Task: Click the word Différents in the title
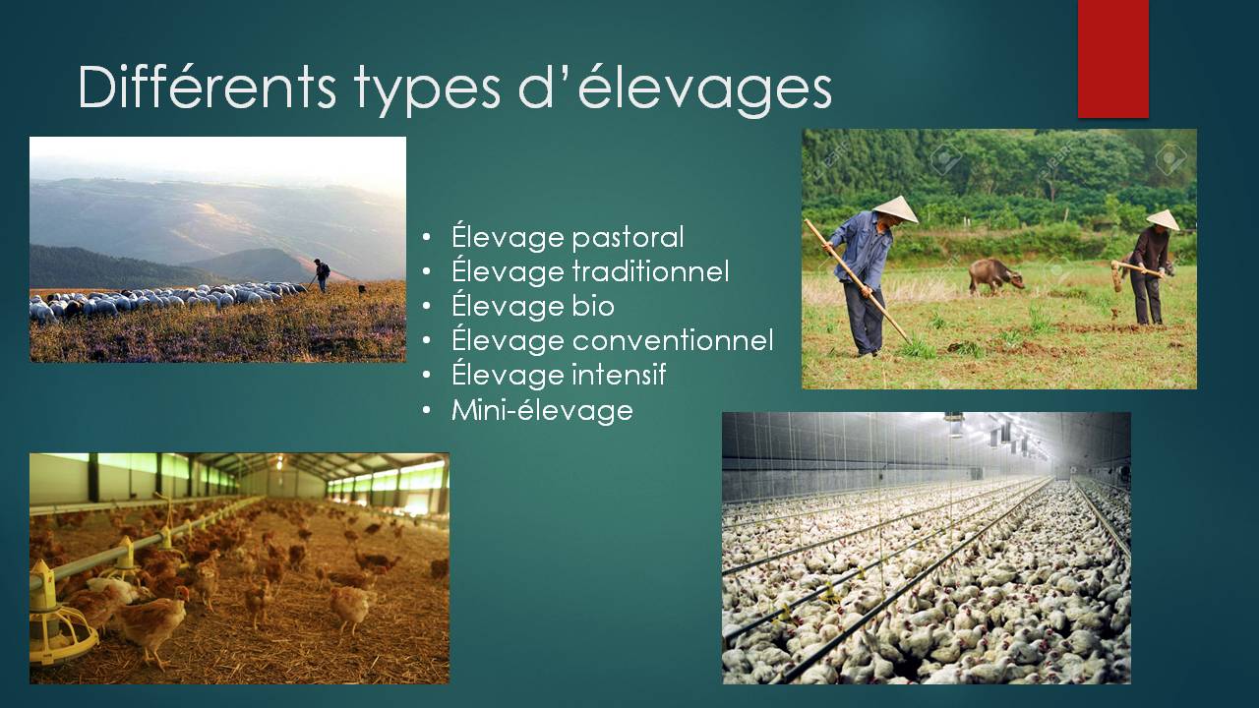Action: (207, 88)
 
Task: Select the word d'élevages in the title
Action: (676, 89)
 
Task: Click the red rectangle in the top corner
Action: (1112, 59)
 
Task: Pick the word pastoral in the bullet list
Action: (628, 238)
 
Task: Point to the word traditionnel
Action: (651, 271)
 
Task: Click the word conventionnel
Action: (674, 340)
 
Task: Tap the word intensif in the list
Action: (620, 375)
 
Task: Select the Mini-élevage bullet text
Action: (542, 410)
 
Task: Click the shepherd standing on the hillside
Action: (322, 275)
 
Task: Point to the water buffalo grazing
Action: (994, 276)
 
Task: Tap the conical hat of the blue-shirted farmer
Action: (895, 209)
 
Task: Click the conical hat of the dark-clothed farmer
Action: (1163, 219)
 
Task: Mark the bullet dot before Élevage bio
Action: (427, 307)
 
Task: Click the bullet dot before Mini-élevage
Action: (427, 410)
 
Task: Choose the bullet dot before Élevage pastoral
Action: (427, 238)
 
